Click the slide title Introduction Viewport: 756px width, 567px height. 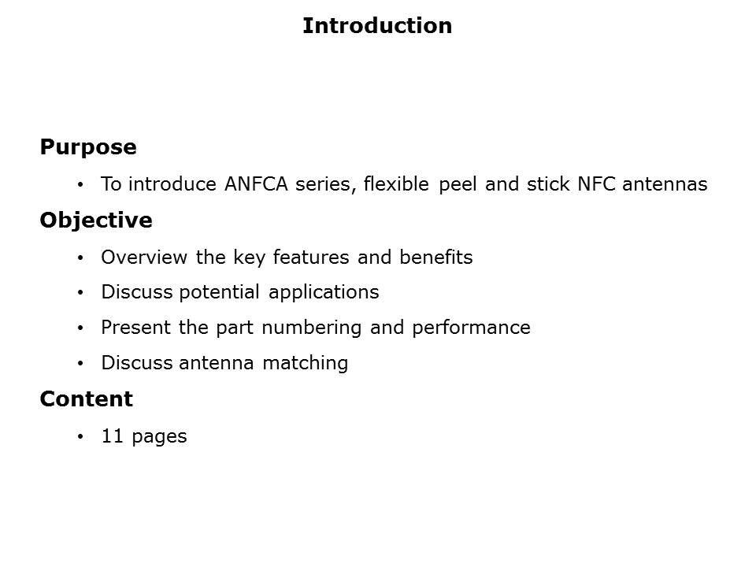click(377, 26)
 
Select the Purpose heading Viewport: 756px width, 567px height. click(87, 147)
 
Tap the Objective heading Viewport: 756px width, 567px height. click(96, 220)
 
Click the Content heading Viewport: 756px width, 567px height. click(86, 399)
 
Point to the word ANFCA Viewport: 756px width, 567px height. click(256, 184)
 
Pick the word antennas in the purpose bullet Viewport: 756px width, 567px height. click(665, 184)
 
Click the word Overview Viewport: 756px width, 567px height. click(136, 258)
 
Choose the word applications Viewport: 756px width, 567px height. click(324, 292)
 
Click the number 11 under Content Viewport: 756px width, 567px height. click(112, 436)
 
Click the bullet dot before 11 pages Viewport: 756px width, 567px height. click(80, 437)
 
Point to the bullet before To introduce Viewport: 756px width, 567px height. click(80, 185)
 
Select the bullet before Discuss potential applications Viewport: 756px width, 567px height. click(80, 293)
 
